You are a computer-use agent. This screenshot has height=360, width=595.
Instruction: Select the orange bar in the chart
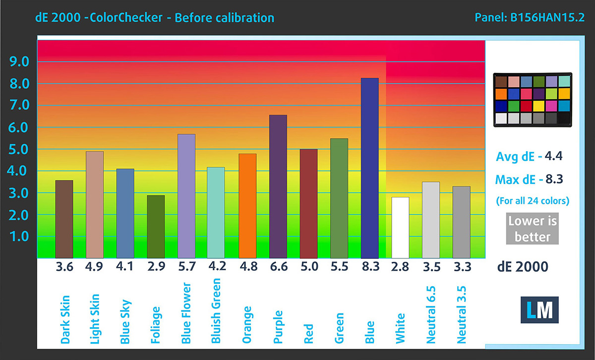[x=247, y=206]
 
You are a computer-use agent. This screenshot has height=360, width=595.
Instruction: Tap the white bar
[x=400, y=228]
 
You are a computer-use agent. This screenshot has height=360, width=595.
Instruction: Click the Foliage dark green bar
[x=156, y=227]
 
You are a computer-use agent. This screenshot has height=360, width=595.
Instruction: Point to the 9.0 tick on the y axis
[x=19, y=61]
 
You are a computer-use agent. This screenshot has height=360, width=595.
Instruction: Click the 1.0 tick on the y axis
[x=19, y=237]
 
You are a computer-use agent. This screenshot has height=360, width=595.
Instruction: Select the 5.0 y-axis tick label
[x=19, y=149]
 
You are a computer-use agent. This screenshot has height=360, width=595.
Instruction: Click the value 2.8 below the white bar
[x=400, y=267]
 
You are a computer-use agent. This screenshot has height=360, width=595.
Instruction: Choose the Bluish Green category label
[x=216, y=311]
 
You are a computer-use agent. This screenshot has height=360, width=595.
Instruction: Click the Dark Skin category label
[x=65, y=319]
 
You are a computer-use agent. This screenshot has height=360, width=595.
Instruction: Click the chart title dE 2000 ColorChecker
[x=155, y=18]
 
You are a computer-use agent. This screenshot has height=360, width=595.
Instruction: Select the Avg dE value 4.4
[x=553, y=157]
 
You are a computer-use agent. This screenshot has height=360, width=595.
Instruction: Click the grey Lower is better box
[x=532, y=229]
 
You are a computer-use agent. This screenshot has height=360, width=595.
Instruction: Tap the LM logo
[x=540, y=309]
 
